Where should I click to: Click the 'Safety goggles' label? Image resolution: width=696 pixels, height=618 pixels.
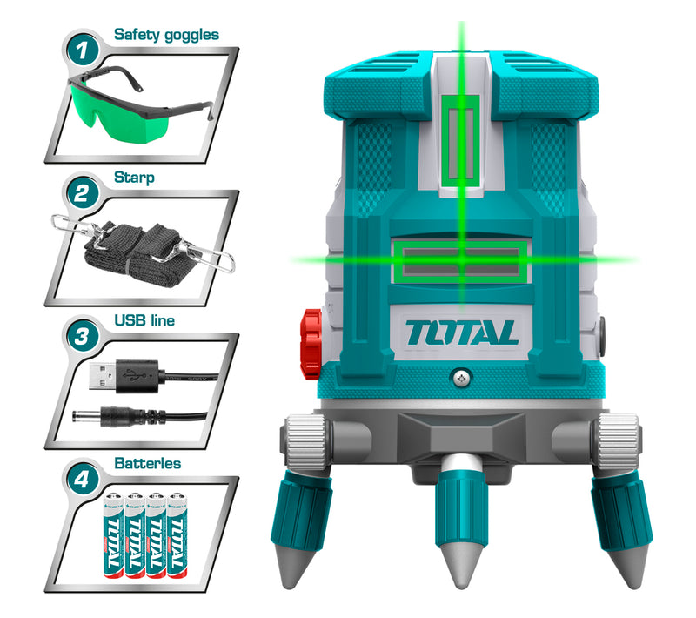point(166,36)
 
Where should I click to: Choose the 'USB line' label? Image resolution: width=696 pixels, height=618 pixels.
point(144,321)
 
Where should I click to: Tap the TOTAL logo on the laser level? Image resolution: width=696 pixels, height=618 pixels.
point(461,331)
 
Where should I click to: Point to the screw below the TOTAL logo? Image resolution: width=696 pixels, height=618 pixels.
point(461,377)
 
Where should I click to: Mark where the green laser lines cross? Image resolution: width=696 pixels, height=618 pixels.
point(461,259)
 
